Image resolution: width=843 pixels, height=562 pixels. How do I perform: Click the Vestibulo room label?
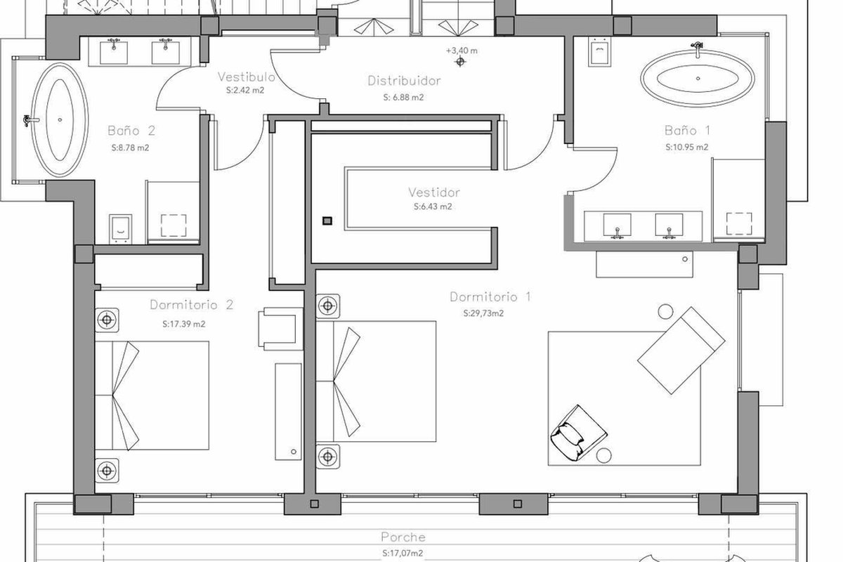pyautogui.click(x=246, y=77)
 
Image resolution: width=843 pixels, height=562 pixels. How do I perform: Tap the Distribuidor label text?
pyautogui.click(x=404, y=81)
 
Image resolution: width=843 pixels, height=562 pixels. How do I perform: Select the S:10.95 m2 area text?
pyautogui.click(x=687, y=148)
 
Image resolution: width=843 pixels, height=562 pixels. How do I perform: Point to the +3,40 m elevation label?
pyautogui.click(x=462, y=51)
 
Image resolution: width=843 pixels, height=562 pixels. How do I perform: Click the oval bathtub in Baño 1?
pyautogui.click(x=698, y=78)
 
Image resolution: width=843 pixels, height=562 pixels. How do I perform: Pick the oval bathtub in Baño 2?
pyautogui.click(x=60, y=119)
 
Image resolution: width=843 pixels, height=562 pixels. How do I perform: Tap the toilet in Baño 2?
pyautogui.click(x=120, y=229)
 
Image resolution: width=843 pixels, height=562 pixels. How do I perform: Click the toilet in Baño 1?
pyautogui.click(x=600, y=52)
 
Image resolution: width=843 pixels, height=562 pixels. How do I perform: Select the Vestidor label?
pyautogui.click(x=434, y=192)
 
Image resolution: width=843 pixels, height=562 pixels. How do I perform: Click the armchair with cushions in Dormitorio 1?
pyautogui.click(x=577, y=433)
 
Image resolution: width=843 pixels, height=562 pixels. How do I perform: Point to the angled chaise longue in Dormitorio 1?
pyautogui.click(x=681, y=351)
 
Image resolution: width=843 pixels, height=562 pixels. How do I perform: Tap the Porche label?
pyautogui.click(x=403, y=537)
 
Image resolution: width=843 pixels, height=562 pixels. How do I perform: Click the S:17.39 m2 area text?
pyautogui.click(x=184, y=324)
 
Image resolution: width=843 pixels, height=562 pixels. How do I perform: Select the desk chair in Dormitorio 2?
pyautogui.click(x=280, y=329)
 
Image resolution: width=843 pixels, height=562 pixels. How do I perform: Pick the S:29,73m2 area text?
pyautogui.click(x=483, y=313)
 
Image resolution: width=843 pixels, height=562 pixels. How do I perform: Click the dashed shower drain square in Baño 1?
pyautogui.click(x=739, y=223)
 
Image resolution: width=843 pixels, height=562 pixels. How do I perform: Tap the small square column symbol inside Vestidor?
pyautogui.click(x=327, y=221)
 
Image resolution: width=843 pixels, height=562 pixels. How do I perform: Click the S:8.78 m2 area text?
pyautogui.click(x=130, y=148)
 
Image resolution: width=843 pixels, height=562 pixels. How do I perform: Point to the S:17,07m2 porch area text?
pyautogui.click(x=403, y=554)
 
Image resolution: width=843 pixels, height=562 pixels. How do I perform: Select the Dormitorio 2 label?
pyautogui.click(x=192, y=304)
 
